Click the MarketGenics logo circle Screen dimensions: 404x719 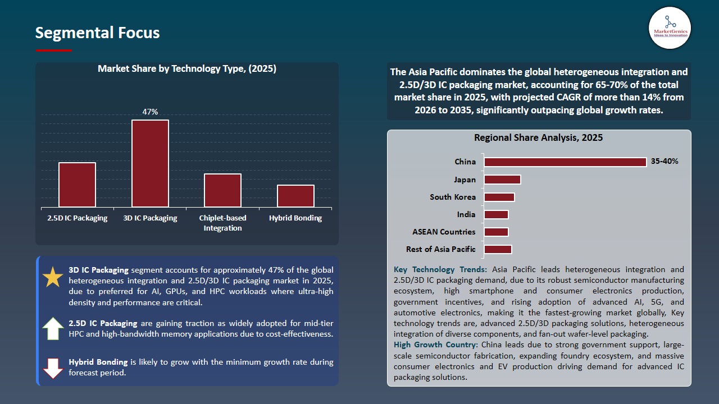tap(670, 27)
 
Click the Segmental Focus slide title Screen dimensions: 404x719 tap(97, 33)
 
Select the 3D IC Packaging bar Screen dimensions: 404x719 tap(150, 163)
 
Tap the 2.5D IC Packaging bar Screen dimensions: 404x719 tap(77, 185)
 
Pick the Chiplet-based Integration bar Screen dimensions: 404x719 tap(222, 190)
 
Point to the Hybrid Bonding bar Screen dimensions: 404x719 tap(295, 196)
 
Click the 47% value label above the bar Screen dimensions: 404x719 tap(150, 112)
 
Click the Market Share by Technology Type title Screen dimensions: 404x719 tap(187, 68)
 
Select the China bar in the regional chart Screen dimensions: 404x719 tap(565, 162)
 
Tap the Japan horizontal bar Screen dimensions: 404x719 tap(502, 180)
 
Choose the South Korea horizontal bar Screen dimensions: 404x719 tap(499, 197)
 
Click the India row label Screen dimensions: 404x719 tap(466, 214)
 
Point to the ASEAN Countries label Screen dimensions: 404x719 tap(444, 232)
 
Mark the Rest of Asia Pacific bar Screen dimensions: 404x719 tap(498, 249)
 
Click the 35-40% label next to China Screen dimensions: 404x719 tap(665, 162)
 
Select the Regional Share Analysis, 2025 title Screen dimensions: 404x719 tap(538, 137)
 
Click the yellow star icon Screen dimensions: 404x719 tap(53, 278)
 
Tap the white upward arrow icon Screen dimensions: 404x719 tap(53, 328)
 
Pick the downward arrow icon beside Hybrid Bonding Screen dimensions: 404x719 tap(53, 368)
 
